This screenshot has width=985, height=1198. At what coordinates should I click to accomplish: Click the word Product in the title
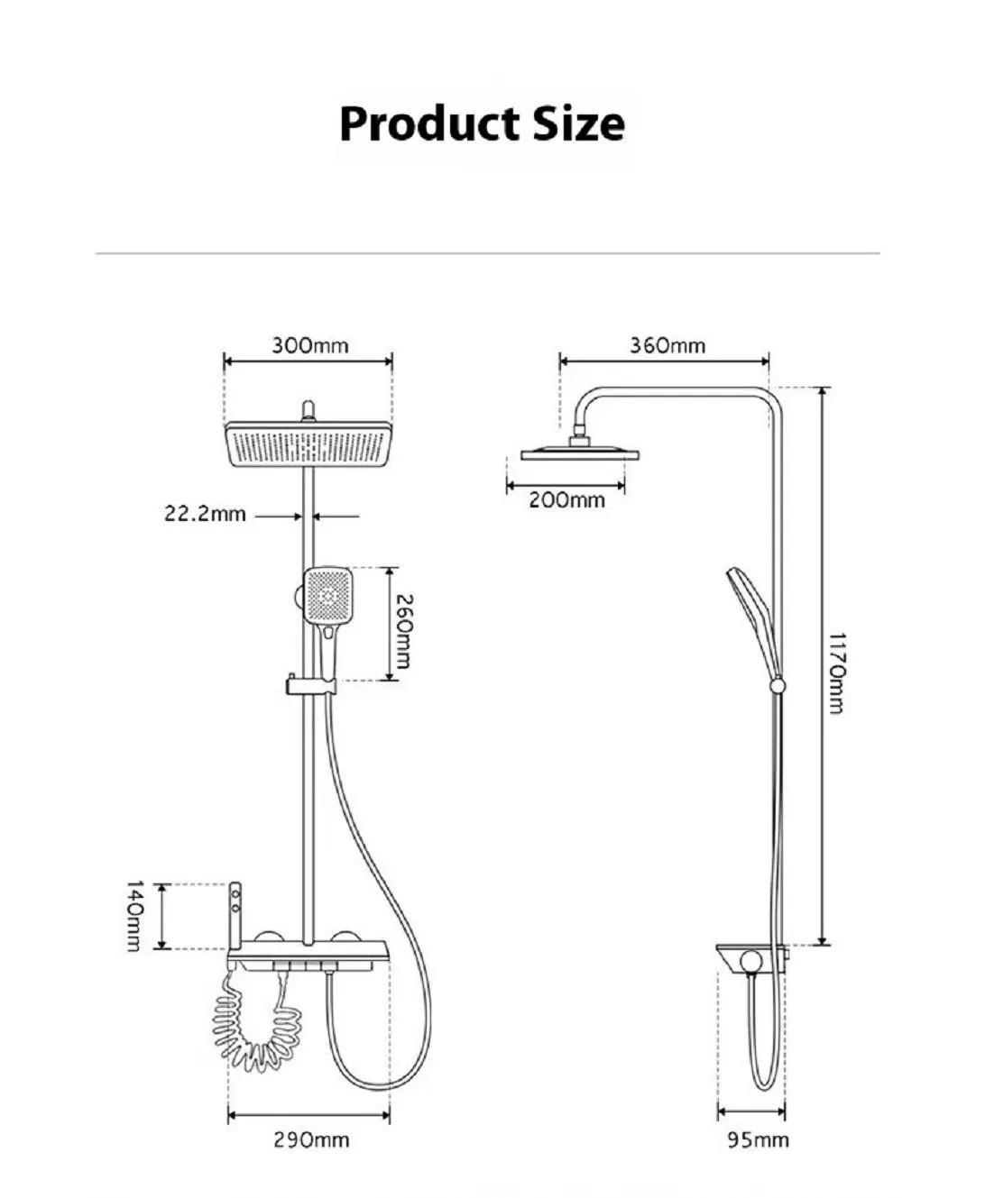[x=428, y=123]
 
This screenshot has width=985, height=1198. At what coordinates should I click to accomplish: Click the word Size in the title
[x=578, y=123]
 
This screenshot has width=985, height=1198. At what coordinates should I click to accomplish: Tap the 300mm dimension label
[x=309, y=345]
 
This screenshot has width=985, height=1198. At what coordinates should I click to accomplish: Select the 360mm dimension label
[x=667, y=345]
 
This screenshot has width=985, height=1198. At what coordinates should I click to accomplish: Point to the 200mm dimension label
[x=566, y=500]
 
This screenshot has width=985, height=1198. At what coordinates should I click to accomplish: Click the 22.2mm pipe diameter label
[x=205, y=514]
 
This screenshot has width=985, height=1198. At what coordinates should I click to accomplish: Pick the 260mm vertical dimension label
[x=405, y=631]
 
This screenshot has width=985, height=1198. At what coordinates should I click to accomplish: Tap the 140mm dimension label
[x=134, y=916]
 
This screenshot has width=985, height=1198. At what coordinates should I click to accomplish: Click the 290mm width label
[x=311, y=1140]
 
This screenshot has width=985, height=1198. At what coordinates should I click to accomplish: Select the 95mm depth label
[x=759, y=1140]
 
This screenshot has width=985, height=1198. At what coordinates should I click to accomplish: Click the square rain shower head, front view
[x=308, y=444]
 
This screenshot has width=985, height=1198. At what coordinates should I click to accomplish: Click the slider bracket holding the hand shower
[x=310, y=686]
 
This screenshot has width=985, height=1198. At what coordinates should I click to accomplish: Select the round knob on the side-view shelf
[x=750, y=963]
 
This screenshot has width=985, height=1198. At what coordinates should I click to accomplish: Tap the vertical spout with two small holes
[x=235, y=916]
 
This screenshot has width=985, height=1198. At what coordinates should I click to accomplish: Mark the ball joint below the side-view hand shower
[x=777, y=686]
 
